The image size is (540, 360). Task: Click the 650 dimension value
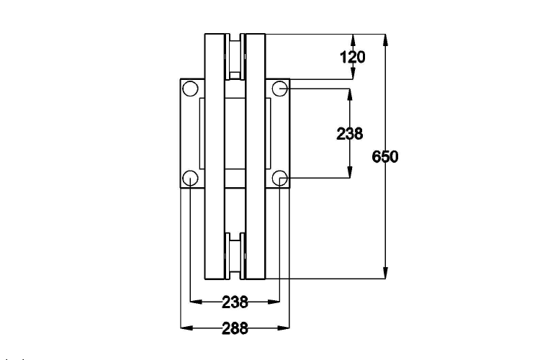(385, 156)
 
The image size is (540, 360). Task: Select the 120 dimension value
(352, 56)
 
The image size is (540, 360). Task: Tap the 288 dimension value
(235, 328)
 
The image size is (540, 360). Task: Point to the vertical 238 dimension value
(350, 133)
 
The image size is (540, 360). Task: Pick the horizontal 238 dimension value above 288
(235, 302)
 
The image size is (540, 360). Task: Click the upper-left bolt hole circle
(189, 89)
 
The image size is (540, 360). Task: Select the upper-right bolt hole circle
(279, 89)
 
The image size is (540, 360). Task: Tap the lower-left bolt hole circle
(189, 178)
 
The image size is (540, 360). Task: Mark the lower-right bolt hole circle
(279, 178)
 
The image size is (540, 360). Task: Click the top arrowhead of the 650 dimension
(387, 39)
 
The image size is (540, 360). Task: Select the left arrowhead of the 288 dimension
(185, 328)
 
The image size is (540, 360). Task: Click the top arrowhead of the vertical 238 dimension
(350, 94)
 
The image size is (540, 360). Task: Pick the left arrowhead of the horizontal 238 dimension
(194, 302)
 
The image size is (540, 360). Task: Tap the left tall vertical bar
(215, 156)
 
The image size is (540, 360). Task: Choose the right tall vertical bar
(255, 156)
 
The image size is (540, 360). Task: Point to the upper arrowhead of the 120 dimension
(353, 39)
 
